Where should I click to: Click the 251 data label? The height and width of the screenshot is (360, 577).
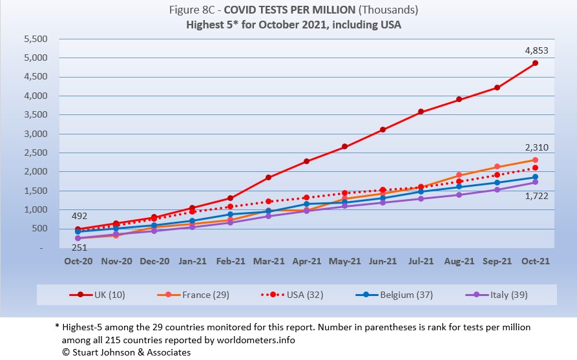click(x=79, y=248)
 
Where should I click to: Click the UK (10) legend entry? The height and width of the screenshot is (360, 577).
click(x=98, y=295)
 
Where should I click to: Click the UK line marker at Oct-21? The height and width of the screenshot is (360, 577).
click(x=535, y=63)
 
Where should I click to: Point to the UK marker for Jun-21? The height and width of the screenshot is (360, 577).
click(x=383, y=129)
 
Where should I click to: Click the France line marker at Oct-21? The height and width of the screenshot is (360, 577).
click(x=535, y=160)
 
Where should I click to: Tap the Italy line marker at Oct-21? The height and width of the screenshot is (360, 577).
click(x=535, y=182)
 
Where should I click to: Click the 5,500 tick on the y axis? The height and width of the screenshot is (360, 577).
click(x=36, y=39)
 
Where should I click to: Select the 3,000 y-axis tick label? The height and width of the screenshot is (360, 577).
click(x=36, y=134)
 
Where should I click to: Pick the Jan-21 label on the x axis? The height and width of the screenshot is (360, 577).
click(x=193, y=261)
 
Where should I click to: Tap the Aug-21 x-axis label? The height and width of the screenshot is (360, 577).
click(x=459, y=261)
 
